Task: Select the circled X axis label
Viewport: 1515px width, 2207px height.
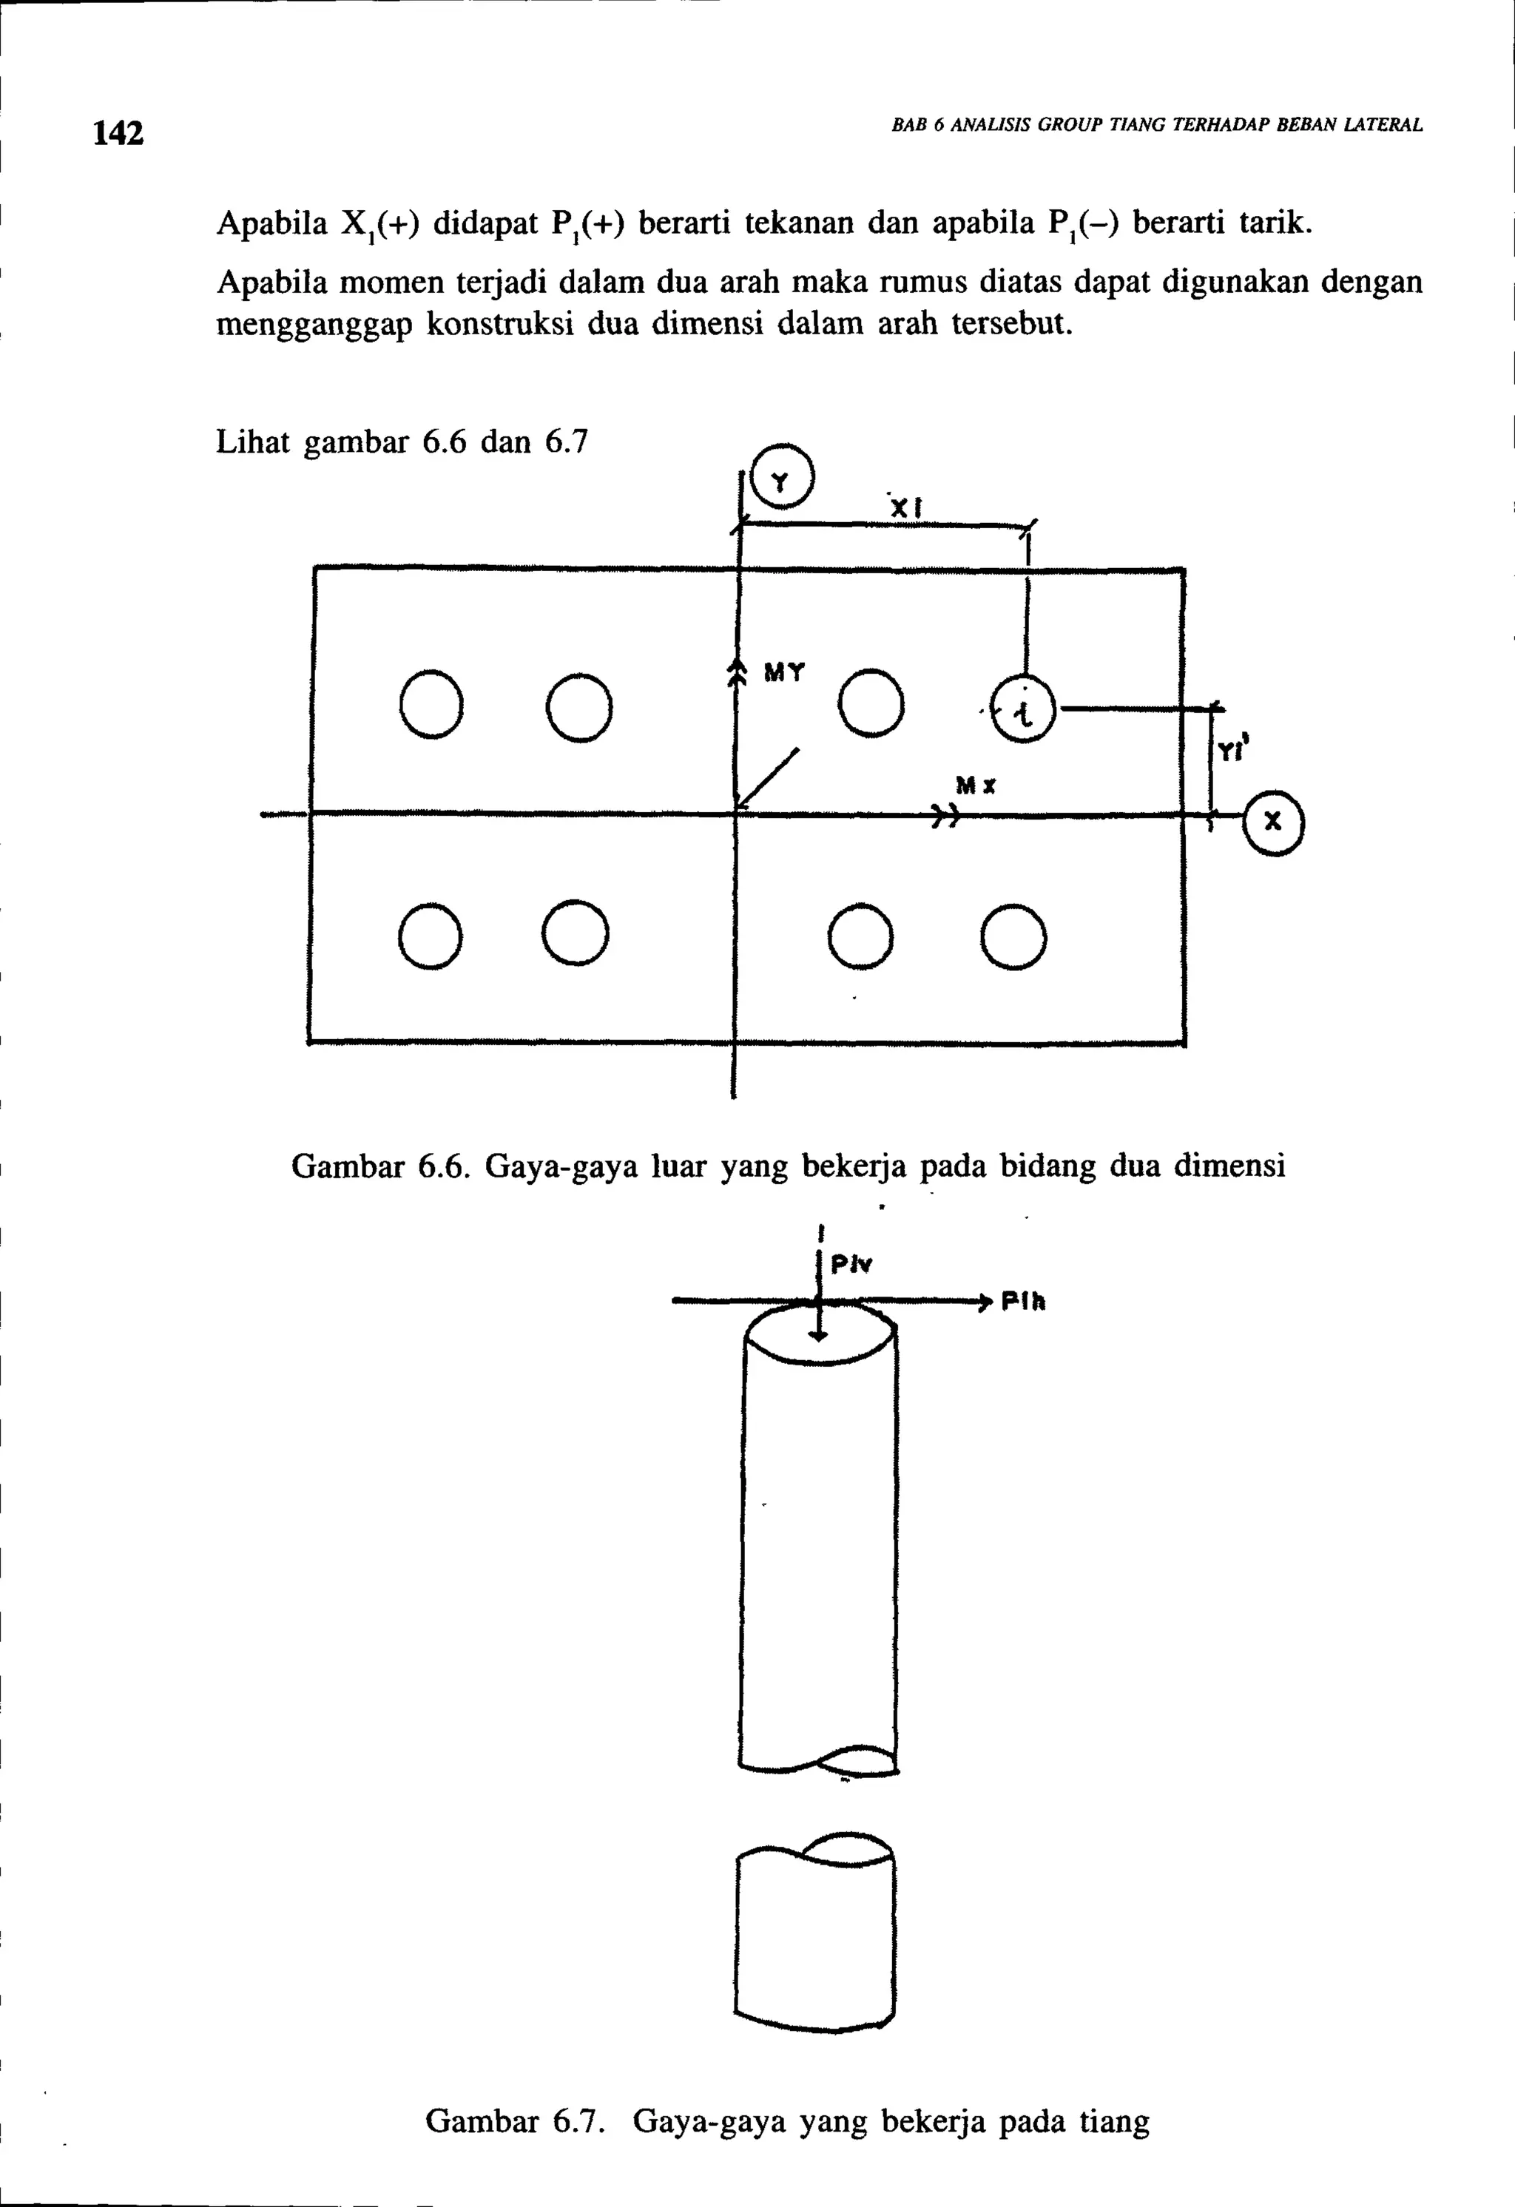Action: [x=1274, y=823]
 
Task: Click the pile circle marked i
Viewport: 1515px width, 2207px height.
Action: [x=1023, y=709]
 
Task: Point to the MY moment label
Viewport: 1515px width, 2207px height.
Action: [x=785, y=673]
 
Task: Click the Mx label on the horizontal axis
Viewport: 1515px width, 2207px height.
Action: [x=976, y=785]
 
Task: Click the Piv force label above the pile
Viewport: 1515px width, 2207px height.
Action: [x=851, y=1265]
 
